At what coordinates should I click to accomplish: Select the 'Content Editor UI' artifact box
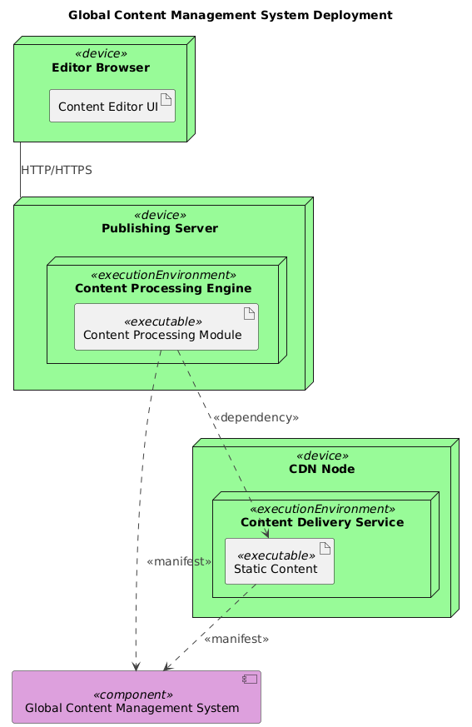tap(112, 105)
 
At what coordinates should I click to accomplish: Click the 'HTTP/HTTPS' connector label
tap(56, 170)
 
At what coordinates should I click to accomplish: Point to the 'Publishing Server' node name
tap(160, 228)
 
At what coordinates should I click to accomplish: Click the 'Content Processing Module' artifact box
tap(166, 326)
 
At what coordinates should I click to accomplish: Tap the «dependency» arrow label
tap(256, 416)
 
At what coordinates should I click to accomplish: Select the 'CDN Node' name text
tap(321, 470)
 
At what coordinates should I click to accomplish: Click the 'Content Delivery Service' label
tap(321, 522)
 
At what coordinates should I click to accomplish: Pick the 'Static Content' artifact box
tap(280, 560)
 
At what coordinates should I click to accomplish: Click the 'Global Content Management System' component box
tap(137, 697)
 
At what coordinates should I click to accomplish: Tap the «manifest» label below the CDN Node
tap(236, 639)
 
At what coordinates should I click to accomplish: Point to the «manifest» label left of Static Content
tap(178, 561)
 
